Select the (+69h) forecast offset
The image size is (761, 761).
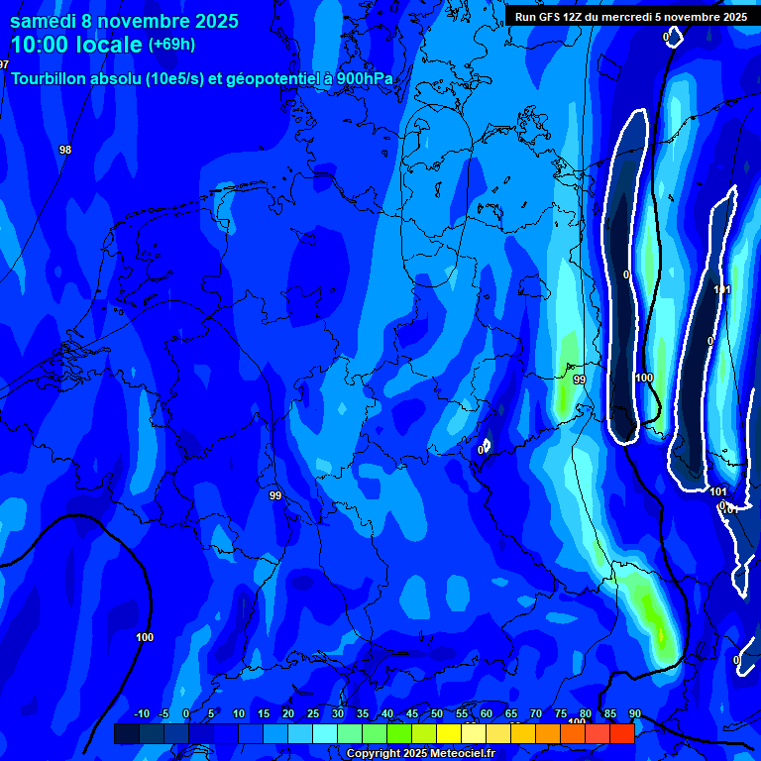171,45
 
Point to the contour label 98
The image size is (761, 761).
65,150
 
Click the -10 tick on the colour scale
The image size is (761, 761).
141,714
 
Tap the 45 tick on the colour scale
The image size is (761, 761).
412,714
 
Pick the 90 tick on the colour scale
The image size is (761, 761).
634,714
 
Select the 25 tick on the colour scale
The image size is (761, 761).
313,714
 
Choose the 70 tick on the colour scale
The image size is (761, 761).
536,714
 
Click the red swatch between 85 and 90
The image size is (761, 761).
622,733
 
